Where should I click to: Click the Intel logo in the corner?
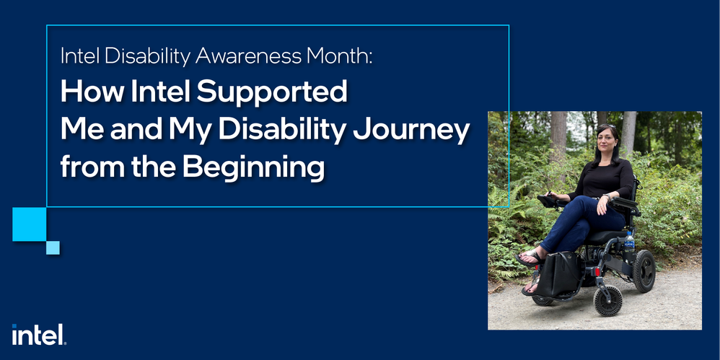(39, 335)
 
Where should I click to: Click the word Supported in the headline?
(272, 93)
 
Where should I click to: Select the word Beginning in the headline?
(253, 167)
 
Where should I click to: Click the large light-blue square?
(30, 224)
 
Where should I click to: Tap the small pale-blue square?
(53, 248)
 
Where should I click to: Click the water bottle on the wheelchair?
(629, 242)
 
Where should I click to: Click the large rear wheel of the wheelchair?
(644, 271)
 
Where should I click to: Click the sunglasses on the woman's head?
(606, 126)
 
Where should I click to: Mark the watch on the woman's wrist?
(606, 198)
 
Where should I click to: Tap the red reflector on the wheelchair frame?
(597, 271)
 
